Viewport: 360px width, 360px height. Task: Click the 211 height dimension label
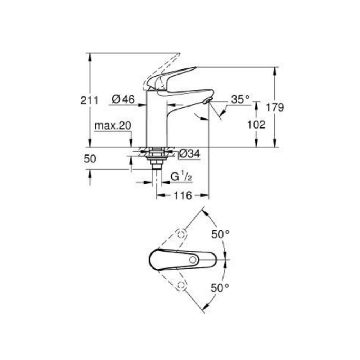click(89, 100)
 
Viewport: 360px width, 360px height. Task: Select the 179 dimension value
click(275, 107)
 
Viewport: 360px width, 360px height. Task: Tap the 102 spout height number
click(256, 125)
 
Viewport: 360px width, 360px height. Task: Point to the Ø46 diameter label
click(123, 99)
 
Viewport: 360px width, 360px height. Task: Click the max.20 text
click(113, 126)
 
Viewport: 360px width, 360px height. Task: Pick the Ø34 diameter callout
click(190, 153)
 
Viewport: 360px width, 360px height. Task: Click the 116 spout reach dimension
click(183, 195)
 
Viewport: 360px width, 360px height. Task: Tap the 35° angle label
click(240, 99)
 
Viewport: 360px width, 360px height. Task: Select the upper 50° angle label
click(220, 234)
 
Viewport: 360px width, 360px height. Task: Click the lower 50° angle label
click(220, 288)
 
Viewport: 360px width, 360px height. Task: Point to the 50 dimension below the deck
click(90, 159)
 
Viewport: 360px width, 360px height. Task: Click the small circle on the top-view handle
click(193, 260)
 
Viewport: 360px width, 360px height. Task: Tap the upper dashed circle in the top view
click(181, 234)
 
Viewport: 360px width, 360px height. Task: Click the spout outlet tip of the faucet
click(207, 100)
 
